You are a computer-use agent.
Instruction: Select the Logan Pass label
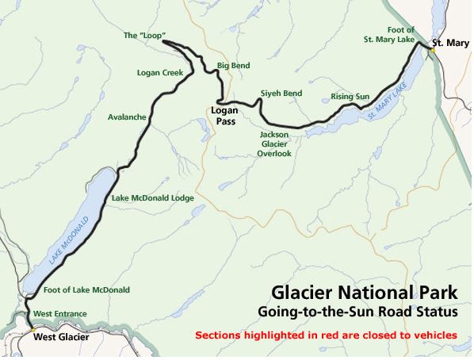point(225,117)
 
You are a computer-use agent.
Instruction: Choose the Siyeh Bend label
point(281,93)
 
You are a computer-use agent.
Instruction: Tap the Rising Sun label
point(350,97)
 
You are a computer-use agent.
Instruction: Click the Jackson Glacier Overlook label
point(274,144)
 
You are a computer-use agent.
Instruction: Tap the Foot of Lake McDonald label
point(87,289)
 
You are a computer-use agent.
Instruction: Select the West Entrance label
point(60,314)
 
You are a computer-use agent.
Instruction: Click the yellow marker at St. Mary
point(434,49)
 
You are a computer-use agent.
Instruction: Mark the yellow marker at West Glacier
point(32,327)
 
